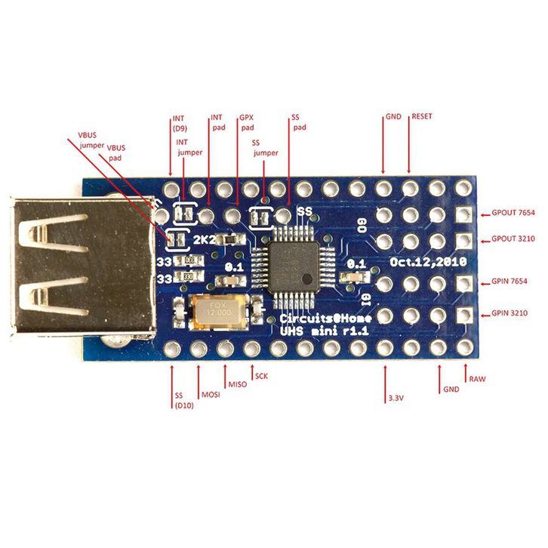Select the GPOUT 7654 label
[x=513, y=214]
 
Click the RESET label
[x=421, y=117]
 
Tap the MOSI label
[x=209, y=395]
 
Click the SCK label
[x=262, y=375]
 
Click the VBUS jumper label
[x=91, y=140]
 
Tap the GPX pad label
[x=246, y=123]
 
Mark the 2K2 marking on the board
[x=204, y=240]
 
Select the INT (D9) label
[x=179, y=123]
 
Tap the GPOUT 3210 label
[x=513, y=239]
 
